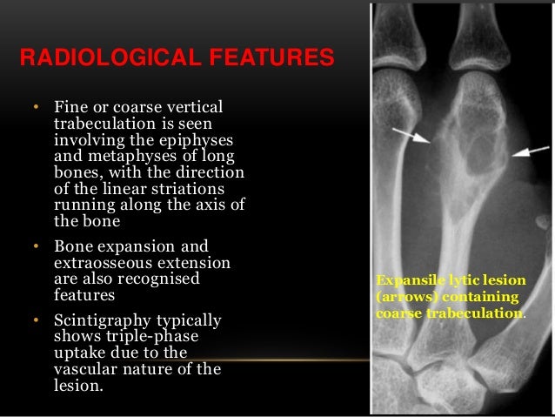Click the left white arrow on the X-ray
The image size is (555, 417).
point(411,135)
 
